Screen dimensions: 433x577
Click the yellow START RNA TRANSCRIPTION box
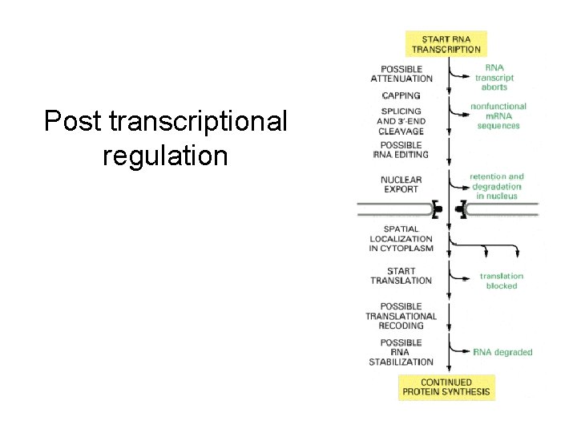[446, 43]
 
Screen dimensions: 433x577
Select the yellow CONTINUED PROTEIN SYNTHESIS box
[446, 387]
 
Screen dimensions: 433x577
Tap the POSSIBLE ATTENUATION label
[401, 74]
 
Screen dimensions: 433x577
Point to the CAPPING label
[401, 95]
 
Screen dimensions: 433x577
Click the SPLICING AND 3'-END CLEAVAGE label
[401, 121]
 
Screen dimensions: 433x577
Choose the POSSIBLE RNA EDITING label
[401, 149]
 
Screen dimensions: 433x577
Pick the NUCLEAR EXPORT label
[401, 184]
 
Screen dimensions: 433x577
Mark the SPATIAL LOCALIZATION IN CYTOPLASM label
[401, 238]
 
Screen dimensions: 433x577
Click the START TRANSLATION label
[401, 276]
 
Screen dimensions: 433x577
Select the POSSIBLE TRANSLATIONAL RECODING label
[401, 316]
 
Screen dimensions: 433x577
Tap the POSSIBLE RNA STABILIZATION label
[401, 352]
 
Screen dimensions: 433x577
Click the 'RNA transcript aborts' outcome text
[494, 78]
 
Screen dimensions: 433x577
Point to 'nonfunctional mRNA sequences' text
[498, 115]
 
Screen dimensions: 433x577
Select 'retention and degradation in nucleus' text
[496, 186]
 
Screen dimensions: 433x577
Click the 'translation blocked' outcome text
[502, 281]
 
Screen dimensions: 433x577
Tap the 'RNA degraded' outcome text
[502, 352]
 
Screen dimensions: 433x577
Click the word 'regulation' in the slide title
[165, 156]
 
